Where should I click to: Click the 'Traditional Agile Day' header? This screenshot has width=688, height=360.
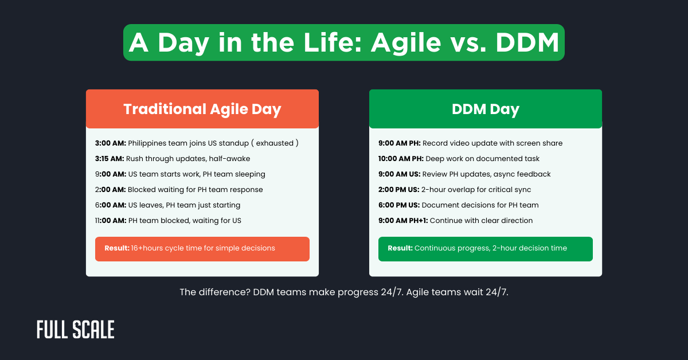click(202, 109)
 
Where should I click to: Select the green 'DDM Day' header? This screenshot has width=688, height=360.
click(485, 109)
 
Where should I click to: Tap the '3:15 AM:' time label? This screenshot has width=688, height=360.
click(110, 159)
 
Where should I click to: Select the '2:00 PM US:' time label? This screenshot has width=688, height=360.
click(402, 190)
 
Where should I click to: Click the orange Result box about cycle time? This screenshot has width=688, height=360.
click(202, 249)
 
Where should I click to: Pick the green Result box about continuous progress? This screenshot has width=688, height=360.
click(485, 249)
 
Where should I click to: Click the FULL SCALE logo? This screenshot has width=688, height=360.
click(75, 330)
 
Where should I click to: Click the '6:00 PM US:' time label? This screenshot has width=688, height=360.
click(398, 205)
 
